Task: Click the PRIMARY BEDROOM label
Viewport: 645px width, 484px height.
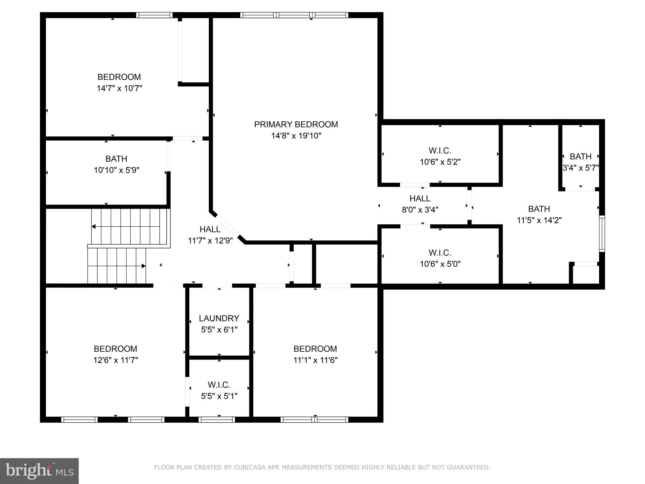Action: [296, 124]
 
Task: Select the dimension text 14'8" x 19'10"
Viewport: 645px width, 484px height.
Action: [296, 136]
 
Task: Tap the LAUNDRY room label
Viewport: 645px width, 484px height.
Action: [219, 318]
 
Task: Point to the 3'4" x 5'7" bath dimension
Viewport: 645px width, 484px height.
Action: [580, 168]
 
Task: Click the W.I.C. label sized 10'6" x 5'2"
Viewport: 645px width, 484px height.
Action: [440, 150]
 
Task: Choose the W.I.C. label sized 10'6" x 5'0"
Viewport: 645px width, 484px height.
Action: [440, 253]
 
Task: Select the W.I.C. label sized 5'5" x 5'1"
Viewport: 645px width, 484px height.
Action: [219, 385]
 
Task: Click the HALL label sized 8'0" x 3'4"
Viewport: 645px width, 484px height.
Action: [420, 199]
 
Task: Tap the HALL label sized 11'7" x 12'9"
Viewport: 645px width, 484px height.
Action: [210, 229]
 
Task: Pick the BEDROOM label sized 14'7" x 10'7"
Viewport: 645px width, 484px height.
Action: [119, 77]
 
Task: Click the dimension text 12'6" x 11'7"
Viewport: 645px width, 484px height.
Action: [116, 360]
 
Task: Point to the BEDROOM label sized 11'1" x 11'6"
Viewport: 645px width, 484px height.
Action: [315, 349]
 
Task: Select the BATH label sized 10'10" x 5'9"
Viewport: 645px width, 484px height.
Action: [116, 158]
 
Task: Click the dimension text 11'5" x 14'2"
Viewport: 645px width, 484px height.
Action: [539, 220]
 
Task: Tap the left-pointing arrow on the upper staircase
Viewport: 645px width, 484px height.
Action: [94, 227]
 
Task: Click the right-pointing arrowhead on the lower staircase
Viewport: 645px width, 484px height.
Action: [143, 266]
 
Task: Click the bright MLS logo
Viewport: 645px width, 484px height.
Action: [39, 471]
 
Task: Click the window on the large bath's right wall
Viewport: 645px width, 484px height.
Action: [602, 233]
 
